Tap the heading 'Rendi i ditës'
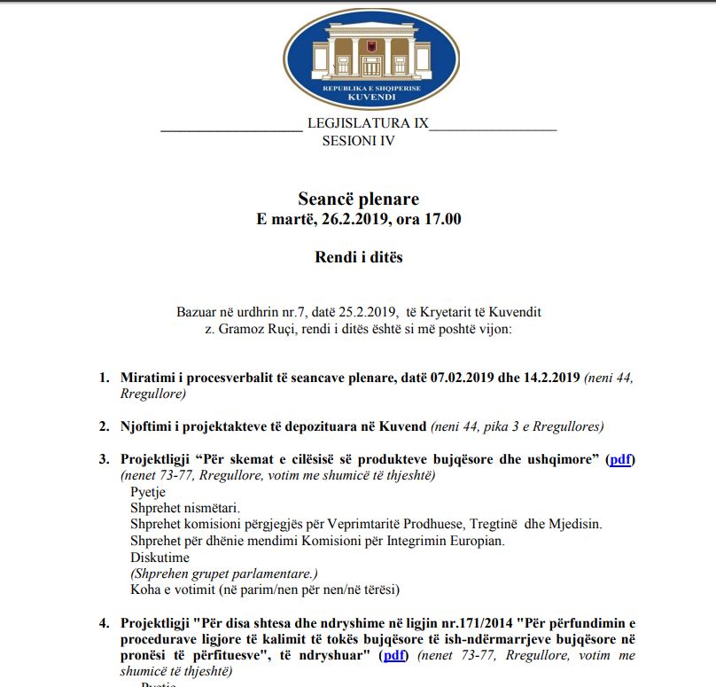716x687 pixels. [x=358, y=257]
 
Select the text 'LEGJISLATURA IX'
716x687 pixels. [x=367, y=123]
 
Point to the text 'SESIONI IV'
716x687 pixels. [x=358, y=141]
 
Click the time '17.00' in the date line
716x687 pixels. [x=442, y=220]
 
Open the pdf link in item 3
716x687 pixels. [x=620, y=460]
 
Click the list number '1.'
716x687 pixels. [x=105, y=379]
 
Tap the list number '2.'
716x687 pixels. [x=105, y=426]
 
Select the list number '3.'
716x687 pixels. [x=105, y=460]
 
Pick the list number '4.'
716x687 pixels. [x=105, y=622]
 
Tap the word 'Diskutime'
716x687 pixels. [x=160, y=558]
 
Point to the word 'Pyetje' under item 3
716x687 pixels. [x=148, y=492]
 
